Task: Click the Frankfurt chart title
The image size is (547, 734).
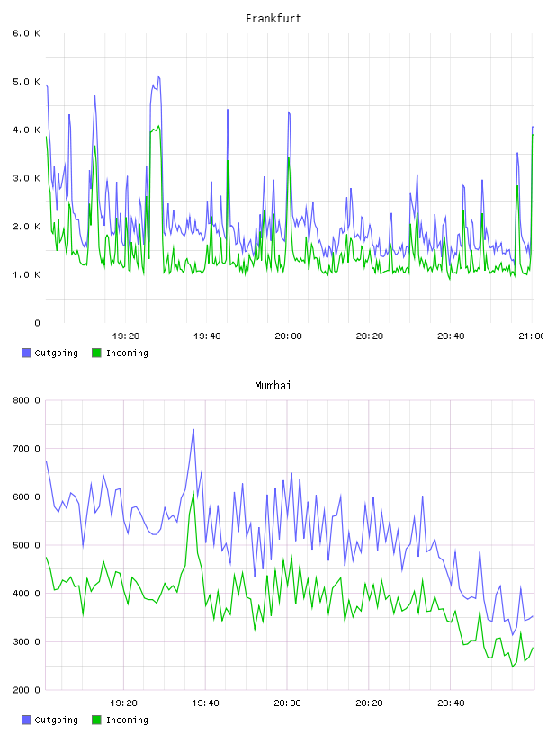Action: point(273,18)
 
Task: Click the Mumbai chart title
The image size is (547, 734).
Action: point(273,386)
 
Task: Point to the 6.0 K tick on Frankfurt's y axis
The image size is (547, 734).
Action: point(27,33)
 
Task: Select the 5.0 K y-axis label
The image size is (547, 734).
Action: point(27,82)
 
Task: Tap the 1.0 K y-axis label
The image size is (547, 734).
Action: point(27,274)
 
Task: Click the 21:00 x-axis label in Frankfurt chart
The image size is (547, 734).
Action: point(531,336)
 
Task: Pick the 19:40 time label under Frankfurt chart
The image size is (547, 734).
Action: point(207,336)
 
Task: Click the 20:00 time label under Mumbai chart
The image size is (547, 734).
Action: point(288,703)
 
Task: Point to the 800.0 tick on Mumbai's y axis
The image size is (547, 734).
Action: point(27,400)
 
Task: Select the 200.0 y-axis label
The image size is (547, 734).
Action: point(27,690)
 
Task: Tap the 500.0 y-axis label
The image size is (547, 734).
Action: point(27,545)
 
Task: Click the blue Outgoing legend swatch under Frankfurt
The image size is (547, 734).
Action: point(26,353)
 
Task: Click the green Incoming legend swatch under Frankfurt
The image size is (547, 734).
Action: point(96,353)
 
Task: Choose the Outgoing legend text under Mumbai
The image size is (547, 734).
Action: point(56,720)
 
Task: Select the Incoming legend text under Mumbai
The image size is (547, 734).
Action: point(127,720)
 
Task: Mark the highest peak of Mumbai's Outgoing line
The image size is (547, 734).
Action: point(193,429)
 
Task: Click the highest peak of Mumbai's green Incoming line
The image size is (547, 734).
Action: point(193,492)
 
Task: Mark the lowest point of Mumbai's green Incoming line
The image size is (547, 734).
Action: point(512,667)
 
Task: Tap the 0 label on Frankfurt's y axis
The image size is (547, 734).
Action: point(37,323)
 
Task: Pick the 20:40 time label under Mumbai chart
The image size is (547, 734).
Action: point(451,703)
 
